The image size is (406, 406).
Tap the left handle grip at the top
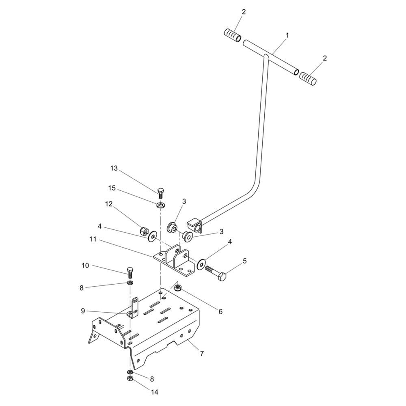click(x=232, y=36)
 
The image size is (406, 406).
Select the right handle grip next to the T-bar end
click(x=308, y=78)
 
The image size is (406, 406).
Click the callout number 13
click(x=114, y=168)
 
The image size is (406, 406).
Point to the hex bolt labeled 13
click(x=160, y=193)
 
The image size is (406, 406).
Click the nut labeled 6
click(x=178, y=287)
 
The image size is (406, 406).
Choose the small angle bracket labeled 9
click(x=134, y=308)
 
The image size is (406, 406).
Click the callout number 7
click(x=202, y=353)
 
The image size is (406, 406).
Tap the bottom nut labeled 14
click(x=130, y=378)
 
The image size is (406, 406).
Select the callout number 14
click(x=154, y=392)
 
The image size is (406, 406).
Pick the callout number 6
click(x=220, y=311)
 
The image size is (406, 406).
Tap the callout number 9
click(x=83, y=311)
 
